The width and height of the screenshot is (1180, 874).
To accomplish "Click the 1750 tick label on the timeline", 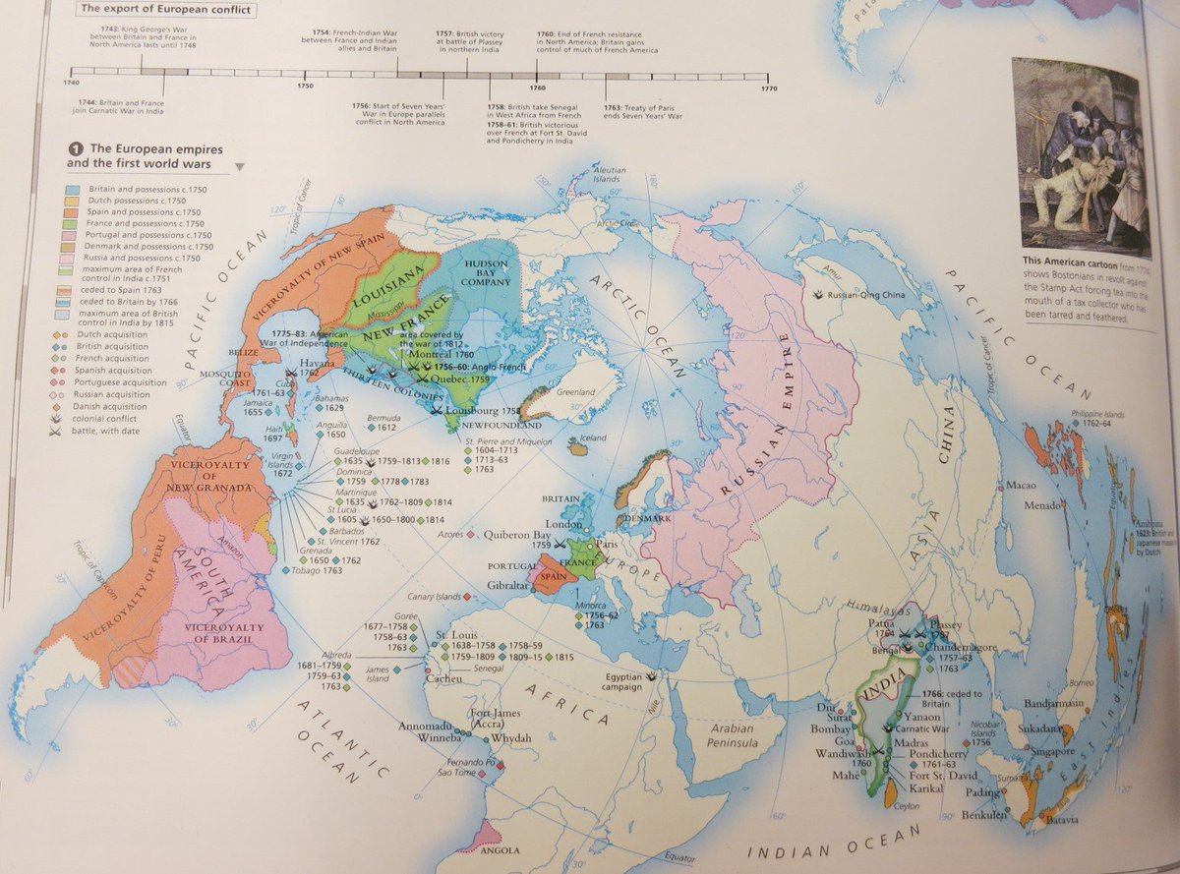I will (304, 87).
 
